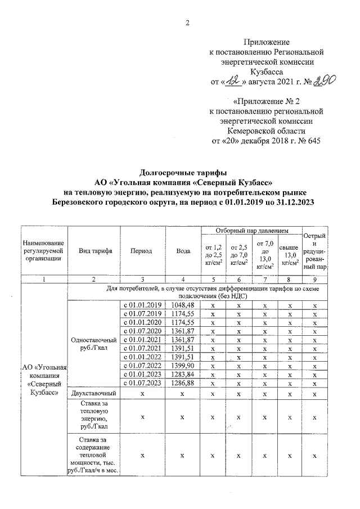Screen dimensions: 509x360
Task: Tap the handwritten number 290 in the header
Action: coord(324,82)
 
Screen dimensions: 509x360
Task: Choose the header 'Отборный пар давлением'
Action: coord(253,231)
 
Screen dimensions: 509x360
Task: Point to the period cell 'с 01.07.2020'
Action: coord(143,331)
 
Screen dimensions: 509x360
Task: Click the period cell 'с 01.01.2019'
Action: coord(143,305)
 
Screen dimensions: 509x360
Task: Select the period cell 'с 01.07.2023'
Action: coord(143,384)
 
